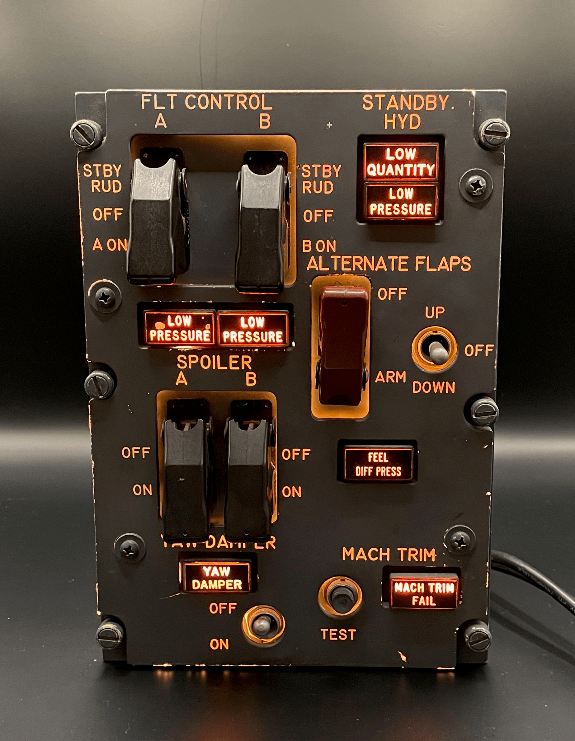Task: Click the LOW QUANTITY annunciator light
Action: coord(401,162)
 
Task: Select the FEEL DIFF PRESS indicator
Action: coord(379,464)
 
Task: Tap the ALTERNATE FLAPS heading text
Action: coord(389,264)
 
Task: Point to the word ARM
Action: coord(391,377)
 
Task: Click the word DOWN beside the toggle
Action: coord(433,387)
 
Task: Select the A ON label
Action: coord(110,245)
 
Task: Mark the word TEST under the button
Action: coord(338,634)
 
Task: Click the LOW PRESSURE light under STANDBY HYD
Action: coord(401,202)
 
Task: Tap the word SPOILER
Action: coord(214,362)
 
